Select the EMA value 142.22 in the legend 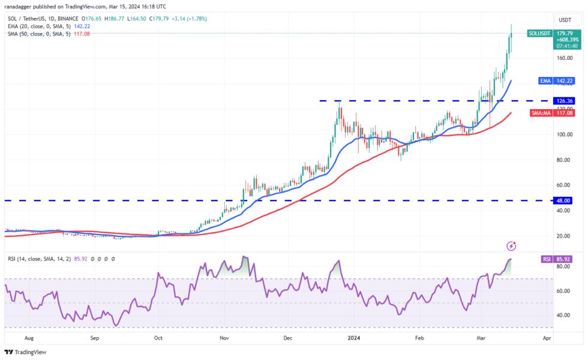pyautogui.click(x=82, y=26)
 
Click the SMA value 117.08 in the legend pyautogui.click(x=82, y=34)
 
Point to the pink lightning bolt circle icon pyautogui.click(x=511, y=245)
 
